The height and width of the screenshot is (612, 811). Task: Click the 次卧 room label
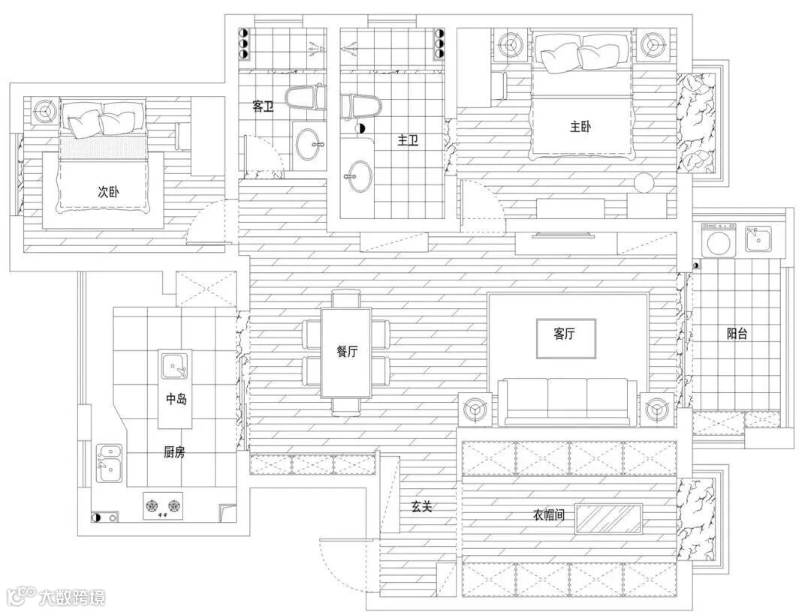coord(109,192)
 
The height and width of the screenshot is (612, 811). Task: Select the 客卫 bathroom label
coord(263,106)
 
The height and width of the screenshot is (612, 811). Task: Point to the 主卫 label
coord(408,140)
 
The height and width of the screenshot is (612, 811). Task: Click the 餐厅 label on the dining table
coord(346,352)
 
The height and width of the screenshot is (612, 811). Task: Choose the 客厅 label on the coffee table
coord(564,334)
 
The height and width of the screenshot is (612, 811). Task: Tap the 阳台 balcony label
coord(737,334)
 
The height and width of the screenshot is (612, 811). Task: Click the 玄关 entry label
coord(421,507)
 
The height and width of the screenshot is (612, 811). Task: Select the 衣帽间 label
coord(549,515)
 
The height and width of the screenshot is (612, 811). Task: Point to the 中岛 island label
coord(176,399)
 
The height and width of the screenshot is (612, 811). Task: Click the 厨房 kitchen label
coord(174,452)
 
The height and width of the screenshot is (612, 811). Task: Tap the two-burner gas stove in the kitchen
coord(162,505)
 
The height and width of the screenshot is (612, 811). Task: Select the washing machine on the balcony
coord(719,239)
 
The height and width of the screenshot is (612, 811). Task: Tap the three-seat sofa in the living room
coord(567,401)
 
